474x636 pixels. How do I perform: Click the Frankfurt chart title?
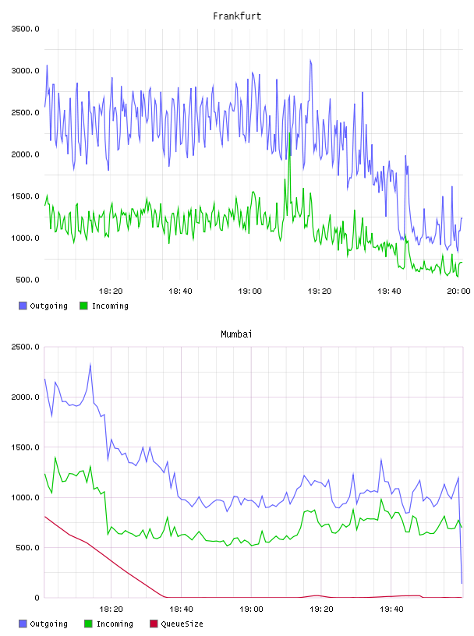pos(237,16)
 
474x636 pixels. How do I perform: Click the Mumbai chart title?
pos(236,334)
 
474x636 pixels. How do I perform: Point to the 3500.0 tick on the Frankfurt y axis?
pos(25,29)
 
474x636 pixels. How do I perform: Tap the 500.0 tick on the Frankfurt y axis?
pos(27,280)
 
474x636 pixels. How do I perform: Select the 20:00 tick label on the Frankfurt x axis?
pos(458,291)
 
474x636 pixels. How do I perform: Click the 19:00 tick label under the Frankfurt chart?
pos(250,291)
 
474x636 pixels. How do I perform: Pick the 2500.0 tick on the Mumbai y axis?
pos(25,347)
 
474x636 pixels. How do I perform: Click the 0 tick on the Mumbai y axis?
pos(37,598)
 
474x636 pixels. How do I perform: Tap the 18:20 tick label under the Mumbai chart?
pos(111,609)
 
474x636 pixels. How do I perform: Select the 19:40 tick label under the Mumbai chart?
pos(391,609)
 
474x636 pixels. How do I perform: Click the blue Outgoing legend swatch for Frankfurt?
pos(23,306)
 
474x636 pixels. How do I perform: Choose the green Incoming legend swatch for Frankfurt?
pos(83,306)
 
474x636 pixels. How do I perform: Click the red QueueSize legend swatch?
pos(154,624)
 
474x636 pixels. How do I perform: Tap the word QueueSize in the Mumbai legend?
pos(182,624)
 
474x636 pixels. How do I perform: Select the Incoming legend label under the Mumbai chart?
pos(115,624)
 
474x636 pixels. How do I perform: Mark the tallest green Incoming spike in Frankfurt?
pos(290,133)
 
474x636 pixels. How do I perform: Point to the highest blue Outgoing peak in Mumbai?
pos(90,364)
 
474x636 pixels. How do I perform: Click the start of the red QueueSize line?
pos(44,516)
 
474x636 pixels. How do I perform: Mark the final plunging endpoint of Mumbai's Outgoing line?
pos(462,583)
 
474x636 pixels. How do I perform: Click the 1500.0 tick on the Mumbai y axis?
pos(25,447)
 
